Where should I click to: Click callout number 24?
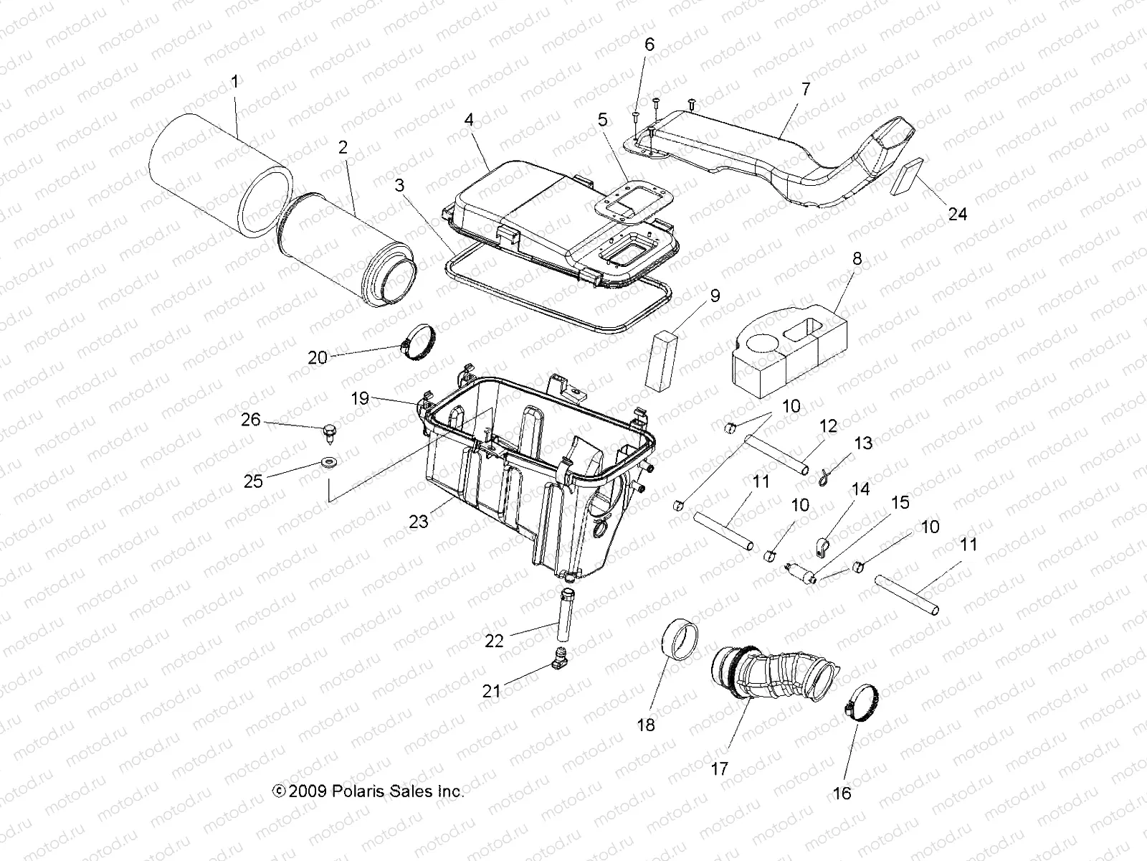(957, 214)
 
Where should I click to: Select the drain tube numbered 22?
(565, 609)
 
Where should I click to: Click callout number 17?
(719, 768)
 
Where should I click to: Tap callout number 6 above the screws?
(649, 44)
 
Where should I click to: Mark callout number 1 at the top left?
(234, 82)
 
